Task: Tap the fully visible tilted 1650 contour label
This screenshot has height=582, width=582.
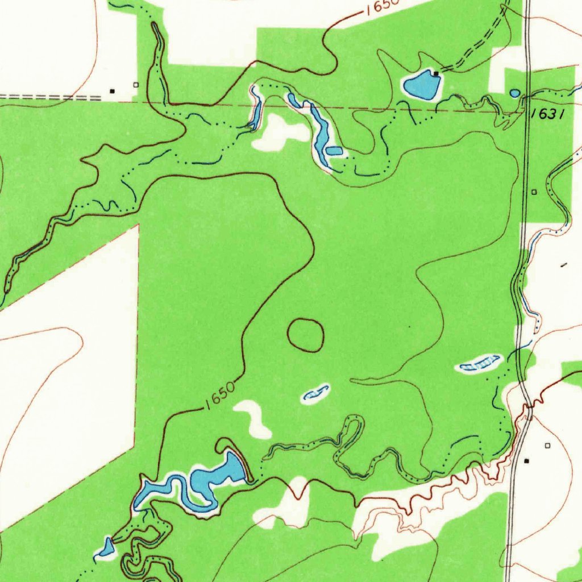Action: click(x=220, y=397)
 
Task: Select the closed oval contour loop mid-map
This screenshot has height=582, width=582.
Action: click(x=306, y=334)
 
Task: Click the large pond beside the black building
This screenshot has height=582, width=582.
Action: click(x=421, y=85)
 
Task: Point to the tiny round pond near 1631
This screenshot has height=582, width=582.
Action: click(x=514, y=93)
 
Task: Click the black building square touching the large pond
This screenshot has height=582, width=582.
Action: click(x=436, y=73)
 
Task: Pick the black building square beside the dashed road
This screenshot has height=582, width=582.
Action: click(x=113, y=90)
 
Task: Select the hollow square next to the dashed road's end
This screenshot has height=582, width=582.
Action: click(x=135, y=85)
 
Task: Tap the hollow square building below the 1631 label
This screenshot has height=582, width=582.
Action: click(x=534, y=192)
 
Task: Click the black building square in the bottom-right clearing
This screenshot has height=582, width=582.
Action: click(x=526, y=459)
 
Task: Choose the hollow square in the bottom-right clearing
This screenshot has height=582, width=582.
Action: click(x=548, y=446)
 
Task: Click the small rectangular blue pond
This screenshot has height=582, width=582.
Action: click(x=334, y=151)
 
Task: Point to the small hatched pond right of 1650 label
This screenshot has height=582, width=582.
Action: click(x=316, y=393)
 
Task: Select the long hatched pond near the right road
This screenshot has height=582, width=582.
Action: click(x=479, y=363)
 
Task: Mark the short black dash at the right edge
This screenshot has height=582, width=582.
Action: click(x=564, y=265)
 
